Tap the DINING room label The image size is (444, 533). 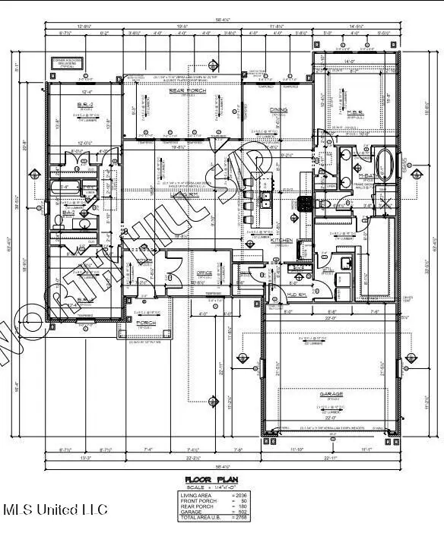(278, 110)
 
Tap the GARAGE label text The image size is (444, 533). (330, 394)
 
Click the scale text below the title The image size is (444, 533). (209, 487)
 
